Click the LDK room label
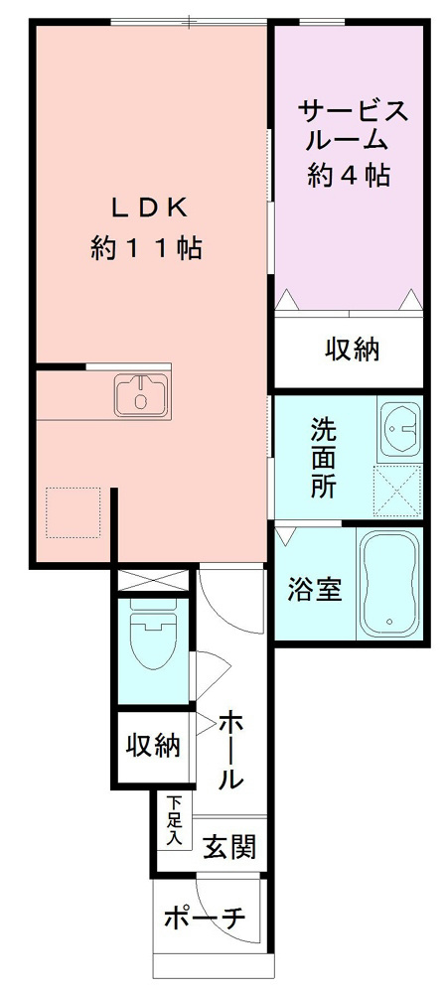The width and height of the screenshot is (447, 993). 148,207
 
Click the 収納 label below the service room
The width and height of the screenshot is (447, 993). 351,351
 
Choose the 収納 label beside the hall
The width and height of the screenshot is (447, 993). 153,745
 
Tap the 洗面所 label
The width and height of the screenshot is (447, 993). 323,458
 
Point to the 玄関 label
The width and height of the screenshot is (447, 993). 230,847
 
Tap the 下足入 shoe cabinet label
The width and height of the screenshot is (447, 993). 175,821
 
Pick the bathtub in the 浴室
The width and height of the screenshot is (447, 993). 389,584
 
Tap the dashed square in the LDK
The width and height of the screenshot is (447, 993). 74,512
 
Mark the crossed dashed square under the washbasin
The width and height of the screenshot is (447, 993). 397,492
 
